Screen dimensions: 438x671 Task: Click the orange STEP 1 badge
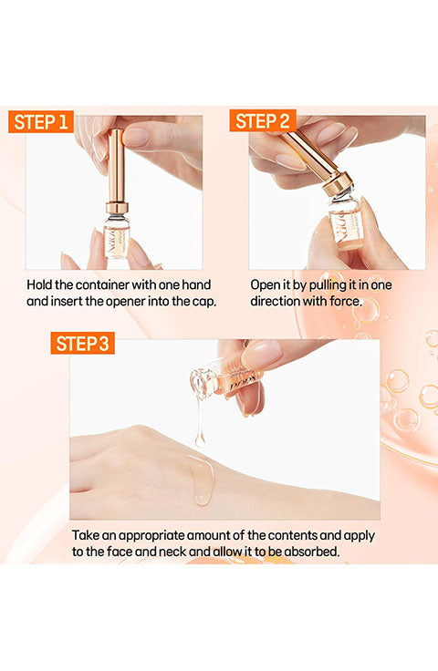[x=41, y=122]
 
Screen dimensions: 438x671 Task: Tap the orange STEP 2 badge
[x=263, y=121]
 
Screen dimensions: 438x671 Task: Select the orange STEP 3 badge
[x=83, y=343]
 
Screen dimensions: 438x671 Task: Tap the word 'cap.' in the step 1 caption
[x=204, y=301]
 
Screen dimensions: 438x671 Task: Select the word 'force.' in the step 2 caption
[x=346, y=301]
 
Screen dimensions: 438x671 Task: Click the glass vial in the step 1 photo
[x=117, y=236]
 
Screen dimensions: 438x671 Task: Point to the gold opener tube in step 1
[x=116, y=166]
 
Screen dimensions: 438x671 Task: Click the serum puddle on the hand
[x=202, y=480]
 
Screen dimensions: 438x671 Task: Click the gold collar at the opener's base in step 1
[x=117, y=208]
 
